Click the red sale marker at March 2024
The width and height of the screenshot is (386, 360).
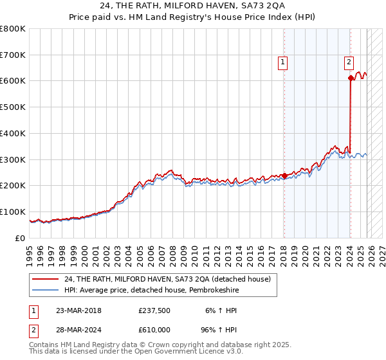click(x=351, y=78)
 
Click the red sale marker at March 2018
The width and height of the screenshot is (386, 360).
click(x=284, y=175)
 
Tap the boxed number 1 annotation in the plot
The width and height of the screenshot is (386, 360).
click(x=283, y=62)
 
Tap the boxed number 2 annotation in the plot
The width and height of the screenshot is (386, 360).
click(x=348, y=62)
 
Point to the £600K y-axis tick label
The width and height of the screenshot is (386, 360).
click(x=13, y=81)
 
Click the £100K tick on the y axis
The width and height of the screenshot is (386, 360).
click(x=13, y=212)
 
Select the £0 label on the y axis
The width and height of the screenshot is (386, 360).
click(x=21, y=238)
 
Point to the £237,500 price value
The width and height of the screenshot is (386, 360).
click(x=154, y=310)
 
